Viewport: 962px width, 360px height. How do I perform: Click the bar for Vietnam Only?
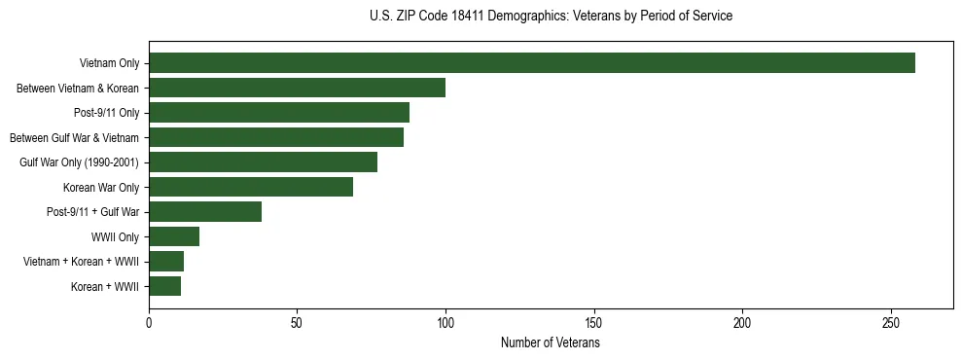(532, 63)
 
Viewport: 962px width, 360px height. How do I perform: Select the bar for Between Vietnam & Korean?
(297, 88)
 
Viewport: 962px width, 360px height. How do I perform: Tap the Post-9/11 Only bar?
(279, 113)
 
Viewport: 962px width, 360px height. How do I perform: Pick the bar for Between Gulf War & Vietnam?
(276, 137)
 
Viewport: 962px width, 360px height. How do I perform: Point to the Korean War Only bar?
(251, 187)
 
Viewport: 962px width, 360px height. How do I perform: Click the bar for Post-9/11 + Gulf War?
(205, 212)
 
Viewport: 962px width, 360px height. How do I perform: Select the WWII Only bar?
(174, 236)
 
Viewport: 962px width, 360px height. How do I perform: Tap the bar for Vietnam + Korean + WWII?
(166, 262)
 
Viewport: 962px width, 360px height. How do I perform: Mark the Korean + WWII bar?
(165, 286)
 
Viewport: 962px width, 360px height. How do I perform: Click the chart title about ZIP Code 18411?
(551, 17)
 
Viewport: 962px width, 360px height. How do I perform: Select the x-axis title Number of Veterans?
(551, 343)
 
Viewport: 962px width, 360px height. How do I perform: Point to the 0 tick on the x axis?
(149, 323)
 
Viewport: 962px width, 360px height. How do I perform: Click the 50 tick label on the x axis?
(297, 323)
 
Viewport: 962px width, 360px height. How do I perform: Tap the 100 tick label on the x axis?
(445, 323)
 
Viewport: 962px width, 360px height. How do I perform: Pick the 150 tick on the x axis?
(594, 323)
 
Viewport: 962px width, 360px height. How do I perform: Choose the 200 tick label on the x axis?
(742, 323)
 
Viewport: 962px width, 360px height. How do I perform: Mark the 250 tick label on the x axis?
(891, 323)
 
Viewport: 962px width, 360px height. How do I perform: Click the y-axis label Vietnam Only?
(109, 63)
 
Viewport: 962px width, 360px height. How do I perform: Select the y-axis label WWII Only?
(115, 236)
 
